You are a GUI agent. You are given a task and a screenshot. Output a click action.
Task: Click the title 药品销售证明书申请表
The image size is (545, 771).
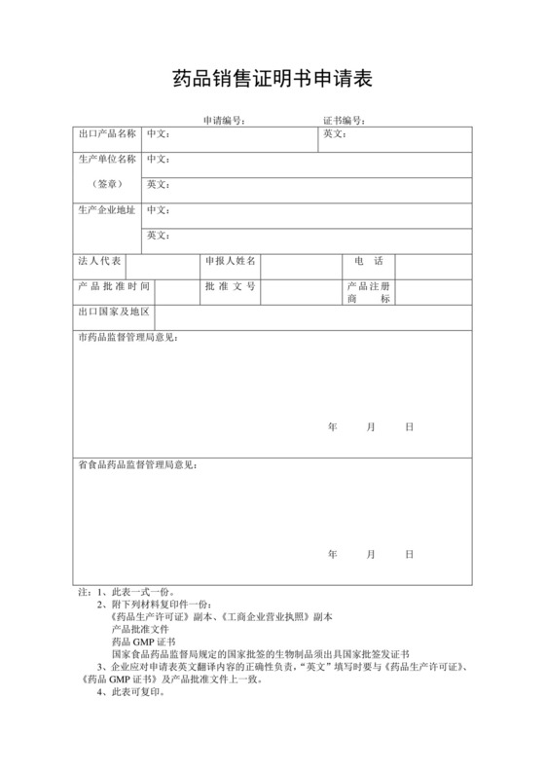point(272,77)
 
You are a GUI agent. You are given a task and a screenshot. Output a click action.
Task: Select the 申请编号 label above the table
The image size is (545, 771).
point(223,121)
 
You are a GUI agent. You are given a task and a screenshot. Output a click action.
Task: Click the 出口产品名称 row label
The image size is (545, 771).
point(107,133)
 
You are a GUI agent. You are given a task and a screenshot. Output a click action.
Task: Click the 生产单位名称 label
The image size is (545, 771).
point(107,159)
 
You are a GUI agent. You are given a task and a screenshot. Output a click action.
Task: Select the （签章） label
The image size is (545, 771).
point(107,184)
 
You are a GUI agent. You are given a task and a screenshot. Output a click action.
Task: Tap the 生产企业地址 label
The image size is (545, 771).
point(107,209)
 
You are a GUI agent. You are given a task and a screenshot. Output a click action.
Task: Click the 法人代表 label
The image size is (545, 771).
point(99,261)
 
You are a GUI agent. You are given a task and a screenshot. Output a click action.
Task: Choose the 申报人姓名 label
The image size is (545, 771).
point(230,261)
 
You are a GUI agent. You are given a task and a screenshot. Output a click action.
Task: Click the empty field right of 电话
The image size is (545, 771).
point(433,262)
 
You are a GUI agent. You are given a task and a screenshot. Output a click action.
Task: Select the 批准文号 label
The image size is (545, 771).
point(230,286)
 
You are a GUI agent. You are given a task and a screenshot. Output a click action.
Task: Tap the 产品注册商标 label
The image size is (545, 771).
point(368,292)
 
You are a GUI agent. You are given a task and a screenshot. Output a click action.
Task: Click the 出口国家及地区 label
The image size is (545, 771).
point(114,312)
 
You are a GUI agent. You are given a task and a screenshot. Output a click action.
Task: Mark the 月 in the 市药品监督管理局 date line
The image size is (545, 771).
point(371,426)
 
